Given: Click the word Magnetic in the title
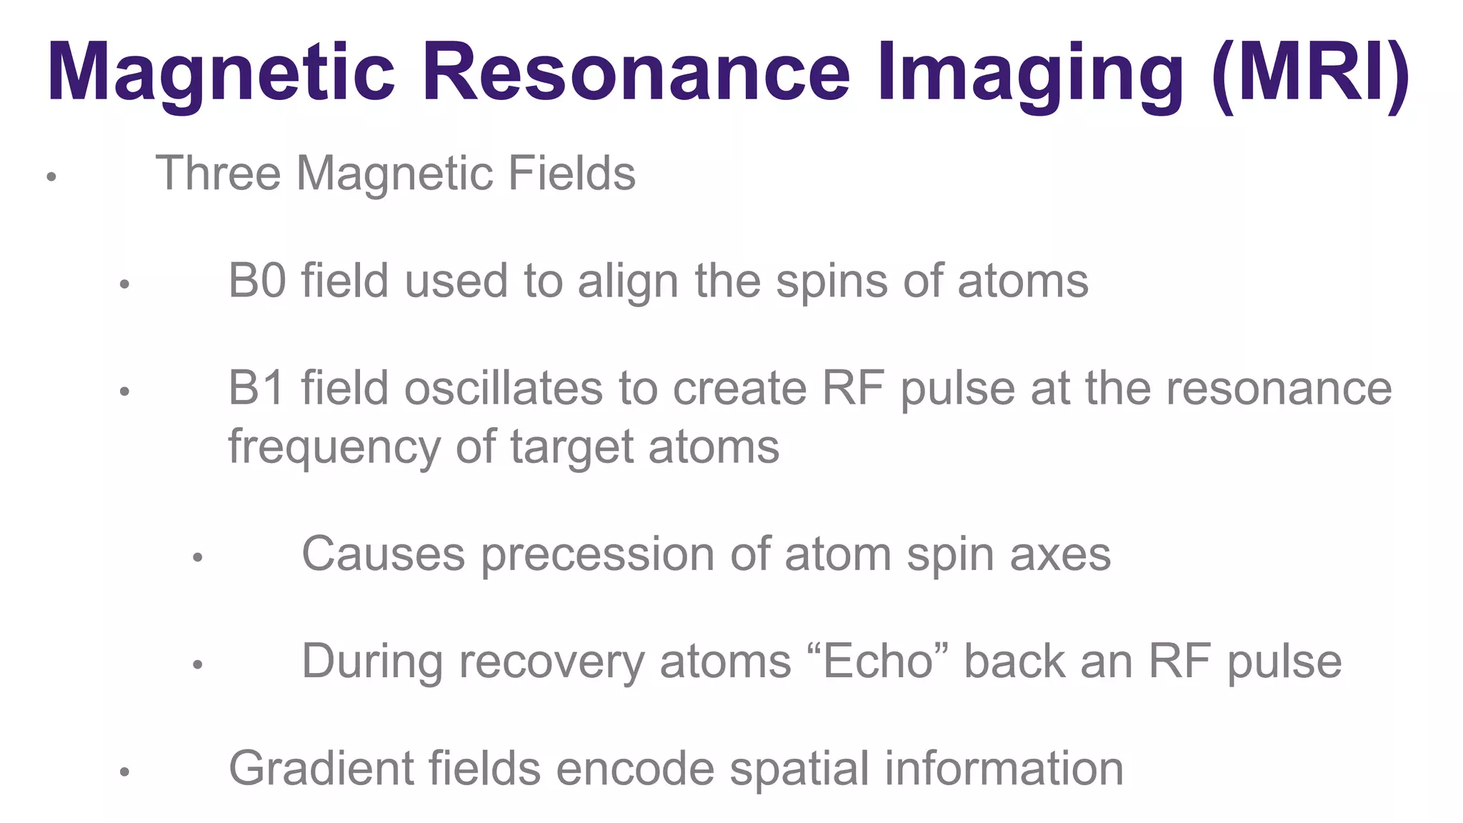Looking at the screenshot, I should (221, 73).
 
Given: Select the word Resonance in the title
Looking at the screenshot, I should (636, 73).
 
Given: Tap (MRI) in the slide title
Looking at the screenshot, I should (1310, 73).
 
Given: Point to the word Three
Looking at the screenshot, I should (218, 174).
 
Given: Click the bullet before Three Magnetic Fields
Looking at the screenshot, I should (51, 176).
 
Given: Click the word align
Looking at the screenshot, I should (628, 281).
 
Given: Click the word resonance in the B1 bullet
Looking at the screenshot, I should (1279, 389).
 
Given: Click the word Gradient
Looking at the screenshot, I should (321, 769).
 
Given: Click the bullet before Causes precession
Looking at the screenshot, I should (198, 557).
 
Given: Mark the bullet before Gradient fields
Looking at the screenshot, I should (124, 772).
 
